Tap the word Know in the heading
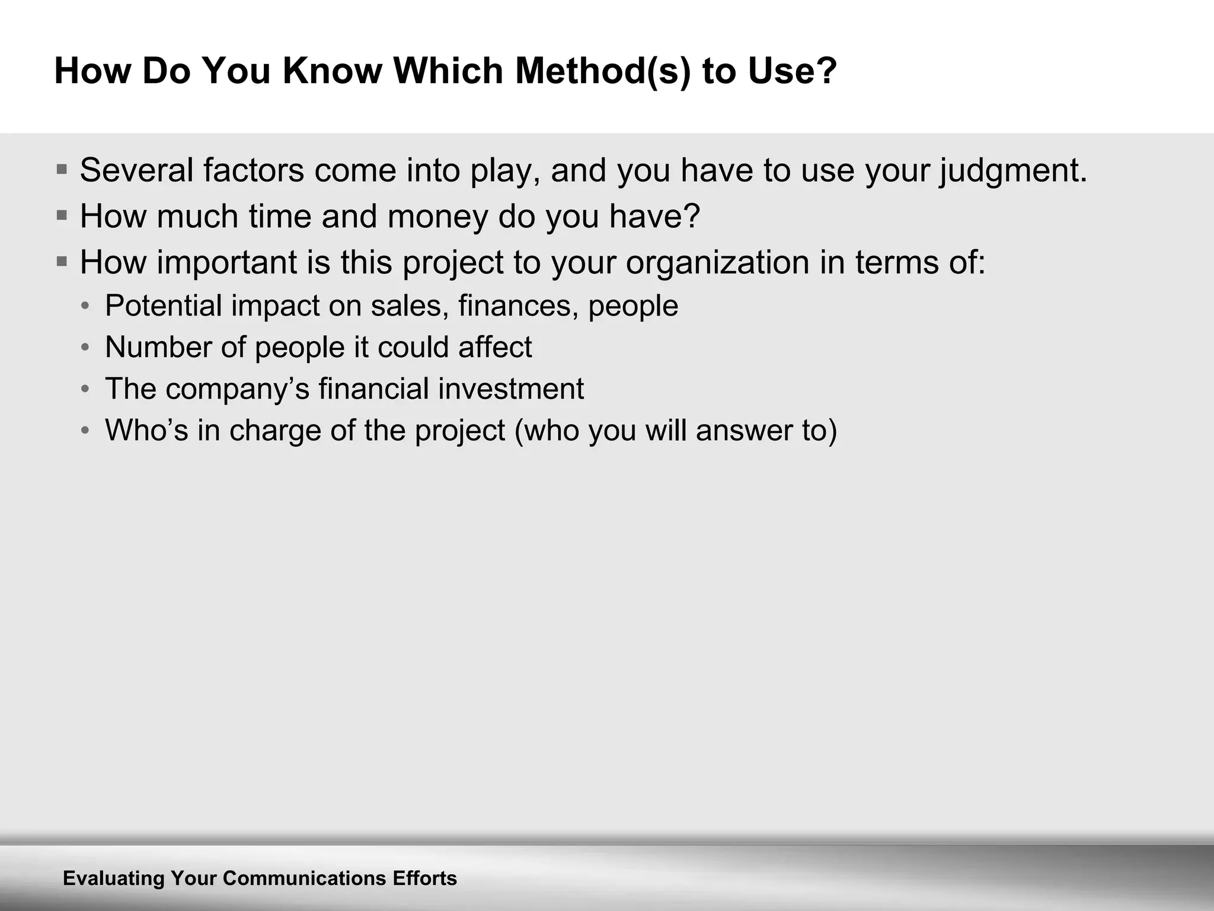(x=332, y=71)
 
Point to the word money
(x=437, y=216)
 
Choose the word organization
(x=717, y=263)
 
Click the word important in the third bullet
(x=226, y=263)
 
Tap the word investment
(x=511, y=389)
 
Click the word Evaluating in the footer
(x=113, y=878)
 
